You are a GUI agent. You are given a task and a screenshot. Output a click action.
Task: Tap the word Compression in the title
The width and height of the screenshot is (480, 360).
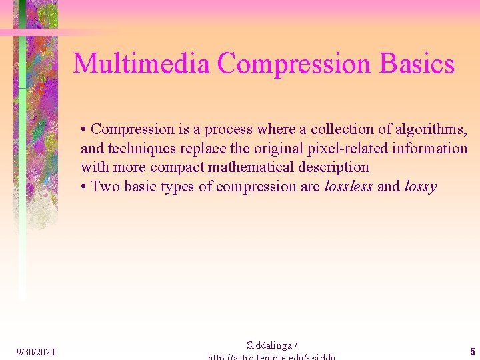[x=295, y=64]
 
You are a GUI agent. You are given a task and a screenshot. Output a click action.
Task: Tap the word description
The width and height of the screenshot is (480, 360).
[x=335, y=167]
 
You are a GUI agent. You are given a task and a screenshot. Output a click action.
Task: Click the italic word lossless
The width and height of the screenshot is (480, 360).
[x=349, y=186]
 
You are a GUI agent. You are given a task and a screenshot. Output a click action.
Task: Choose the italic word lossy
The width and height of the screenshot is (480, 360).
[x=420, y=186]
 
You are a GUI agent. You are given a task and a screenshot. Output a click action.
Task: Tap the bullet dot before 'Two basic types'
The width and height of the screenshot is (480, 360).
[x=84, y=187]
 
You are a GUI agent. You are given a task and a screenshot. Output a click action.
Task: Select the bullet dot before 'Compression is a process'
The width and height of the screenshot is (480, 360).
[x=84, y=129]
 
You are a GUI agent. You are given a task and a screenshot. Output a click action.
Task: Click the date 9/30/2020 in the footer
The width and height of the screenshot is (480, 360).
[x=36, y=351]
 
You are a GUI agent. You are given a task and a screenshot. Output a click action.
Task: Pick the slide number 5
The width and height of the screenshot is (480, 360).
[x=472, y=351]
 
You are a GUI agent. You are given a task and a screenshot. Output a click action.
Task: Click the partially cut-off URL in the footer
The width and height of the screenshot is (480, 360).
[x=272, y=357]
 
